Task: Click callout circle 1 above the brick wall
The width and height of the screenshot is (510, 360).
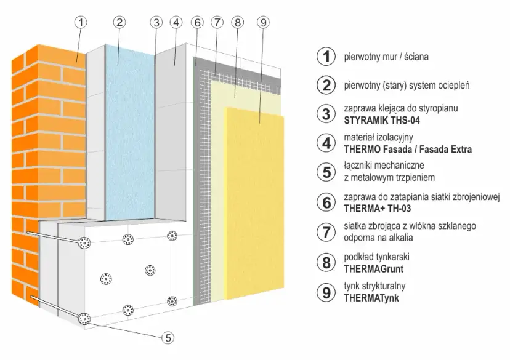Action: click(x=81, y=22)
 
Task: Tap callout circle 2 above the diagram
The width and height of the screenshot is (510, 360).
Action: click(x=119, y=22)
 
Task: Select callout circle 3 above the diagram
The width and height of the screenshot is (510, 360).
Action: click(x=156, y=22)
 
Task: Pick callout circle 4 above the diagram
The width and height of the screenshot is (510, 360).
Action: click(x=176, y=22)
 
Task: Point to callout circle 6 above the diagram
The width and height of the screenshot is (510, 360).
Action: click(x=197, y=22)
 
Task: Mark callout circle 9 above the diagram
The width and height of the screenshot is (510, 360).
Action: click(x=262, y=22)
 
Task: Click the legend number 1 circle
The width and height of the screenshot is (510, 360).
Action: click(x=325, y=57)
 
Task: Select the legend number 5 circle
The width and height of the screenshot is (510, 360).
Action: click(x=325, y=172)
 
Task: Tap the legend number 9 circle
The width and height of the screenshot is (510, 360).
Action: click(x=325, y=291)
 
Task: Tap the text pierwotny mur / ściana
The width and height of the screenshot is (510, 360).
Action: click(x=385, y=57)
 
